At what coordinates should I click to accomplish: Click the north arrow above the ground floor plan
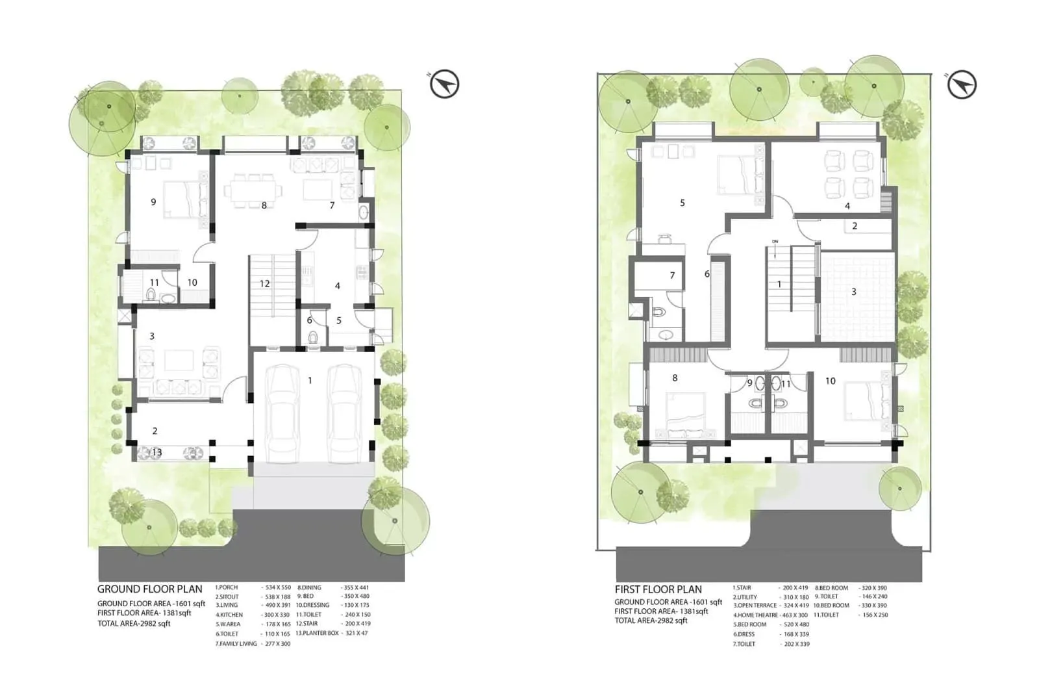click(x=445, y=84)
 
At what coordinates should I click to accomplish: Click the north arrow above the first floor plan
click(x=961, y=85)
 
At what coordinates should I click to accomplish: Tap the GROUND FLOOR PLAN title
click(x=149, y=589)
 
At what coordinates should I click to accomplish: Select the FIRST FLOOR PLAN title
click(x=658, y=590)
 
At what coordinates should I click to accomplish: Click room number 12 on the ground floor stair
click(x=264, y=283)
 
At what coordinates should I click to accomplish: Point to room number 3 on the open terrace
click(x=853, y=292)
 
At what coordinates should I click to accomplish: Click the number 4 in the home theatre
click(x=847, y=206)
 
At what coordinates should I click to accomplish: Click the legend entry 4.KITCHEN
click(x=229, y=615)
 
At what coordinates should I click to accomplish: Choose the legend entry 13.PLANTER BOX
click(x=318, y=633)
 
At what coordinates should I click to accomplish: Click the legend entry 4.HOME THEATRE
click(x=755, y=615)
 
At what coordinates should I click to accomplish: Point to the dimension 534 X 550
click(x=278, y=587)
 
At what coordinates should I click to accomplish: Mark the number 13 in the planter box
click(x=156, y=452)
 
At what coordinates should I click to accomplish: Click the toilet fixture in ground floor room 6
click(x=313, y=337)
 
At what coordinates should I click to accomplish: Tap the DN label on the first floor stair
click(x=775, y=242)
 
